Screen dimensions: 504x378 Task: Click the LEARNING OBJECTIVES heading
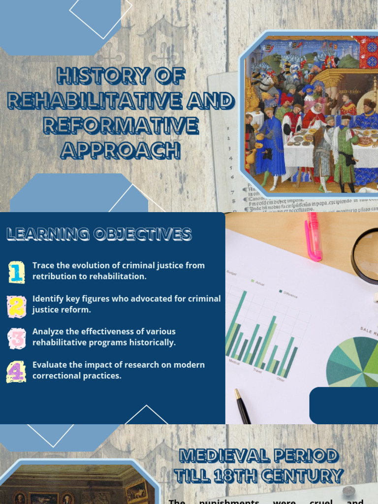point(99,234)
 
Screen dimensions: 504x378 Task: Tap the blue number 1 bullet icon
point(16,272)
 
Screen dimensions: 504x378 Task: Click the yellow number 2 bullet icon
point(16,306)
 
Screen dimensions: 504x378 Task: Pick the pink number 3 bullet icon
point(16,339)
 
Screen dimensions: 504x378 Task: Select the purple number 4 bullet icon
point(16,372)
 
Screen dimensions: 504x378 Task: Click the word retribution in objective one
point(55,276)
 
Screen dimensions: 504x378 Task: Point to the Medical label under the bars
point(234,362)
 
